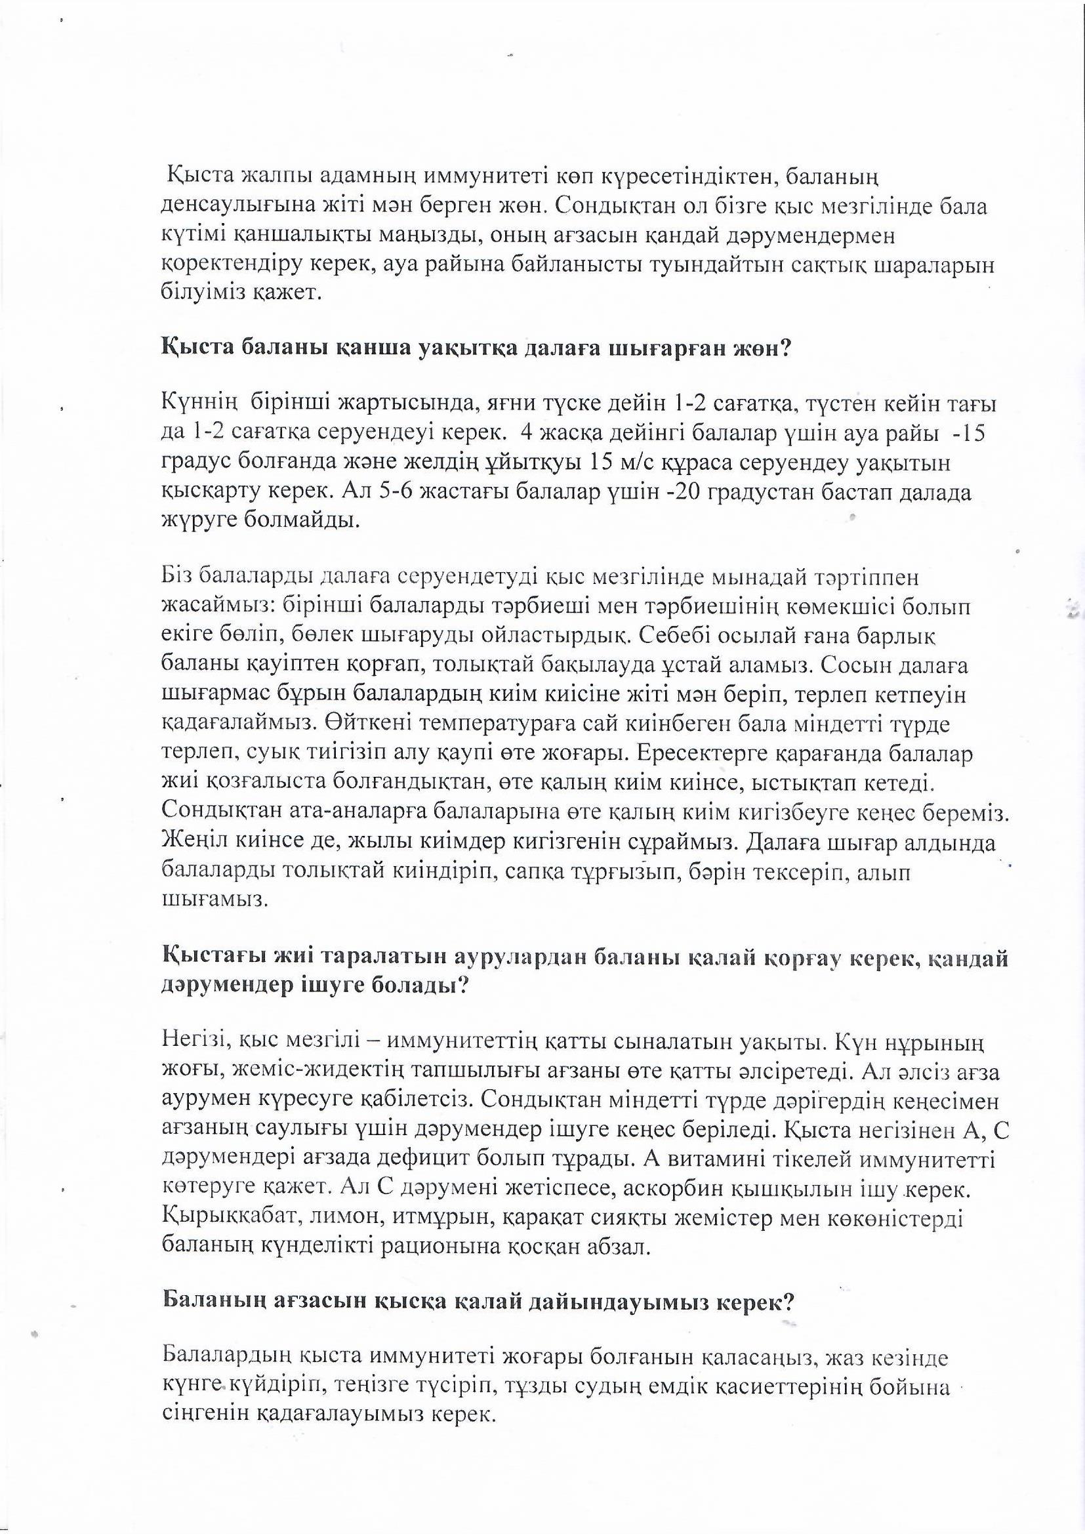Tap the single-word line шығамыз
tap(205, 900)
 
